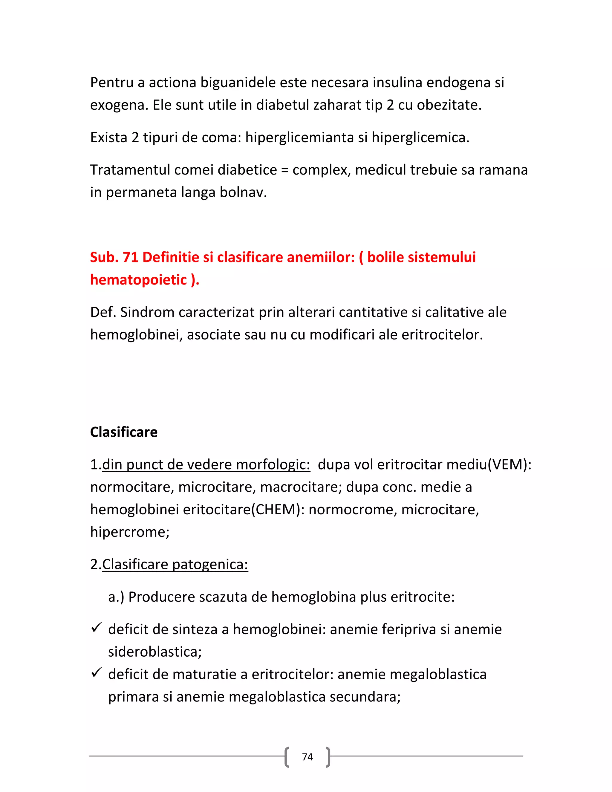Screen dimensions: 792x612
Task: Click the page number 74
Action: point(307,756)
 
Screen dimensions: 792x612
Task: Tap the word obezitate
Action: point(449,105)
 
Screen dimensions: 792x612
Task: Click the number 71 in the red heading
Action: point(131,257)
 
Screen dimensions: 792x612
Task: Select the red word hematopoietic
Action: point(138,280)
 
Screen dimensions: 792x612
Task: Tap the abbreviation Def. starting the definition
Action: point(103,312)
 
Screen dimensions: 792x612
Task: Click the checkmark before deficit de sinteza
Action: point(96,627)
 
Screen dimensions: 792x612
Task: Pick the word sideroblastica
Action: point(154,652)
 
